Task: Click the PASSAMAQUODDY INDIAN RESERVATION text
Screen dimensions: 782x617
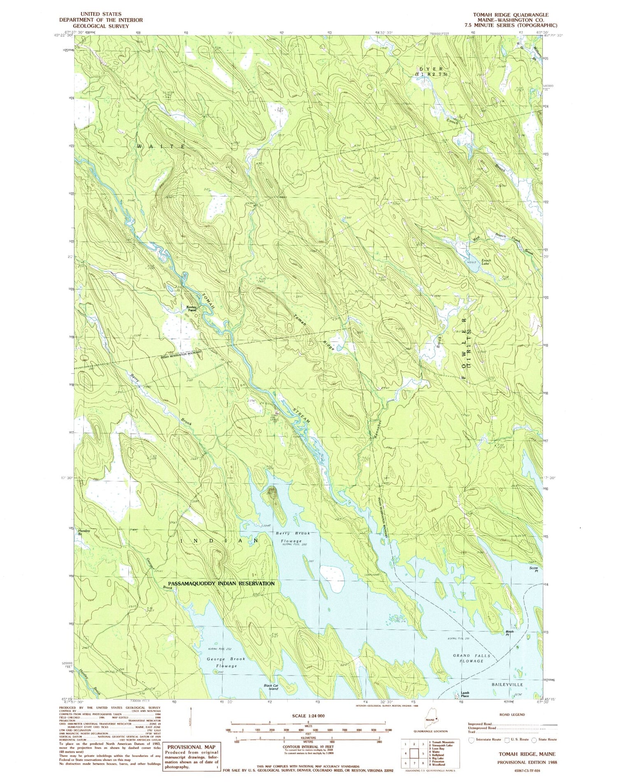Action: coord(221,583)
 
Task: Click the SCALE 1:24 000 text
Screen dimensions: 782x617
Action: coord(308,716)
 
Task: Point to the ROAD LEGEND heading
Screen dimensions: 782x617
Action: coord(512,715)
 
